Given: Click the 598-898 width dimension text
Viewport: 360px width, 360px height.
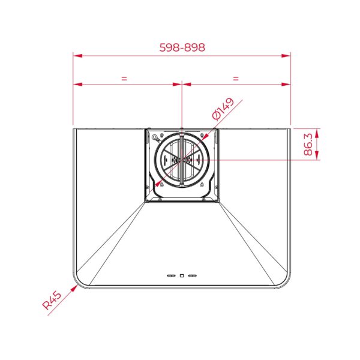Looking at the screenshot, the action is [182, 47].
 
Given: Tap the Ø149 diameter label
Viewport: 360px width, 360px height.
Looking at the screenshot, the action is [223, 109].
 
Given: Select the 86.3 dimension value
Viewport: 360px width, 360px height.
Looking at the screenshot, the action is [308, 144].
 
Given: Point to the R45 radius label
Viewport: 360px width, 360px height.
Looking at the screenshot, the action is [52, 300].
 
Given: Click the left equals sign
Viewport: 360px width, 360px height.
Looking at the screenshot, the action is [124, 79].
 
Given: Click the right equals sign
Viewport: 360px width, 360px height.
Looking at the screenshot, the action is [236, 79].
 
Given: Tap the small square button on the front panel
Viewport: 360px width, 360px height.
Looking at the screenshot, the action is [182, 275].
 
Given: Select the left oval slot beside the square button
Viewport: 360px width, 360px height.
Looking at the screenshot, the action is [171, 275].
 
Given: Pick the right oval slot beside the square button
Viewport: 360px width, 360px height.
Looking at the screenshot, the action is [193, 275].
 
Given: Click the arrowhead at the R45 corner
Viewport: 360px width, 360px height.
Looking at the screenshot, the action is [74, 288].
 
